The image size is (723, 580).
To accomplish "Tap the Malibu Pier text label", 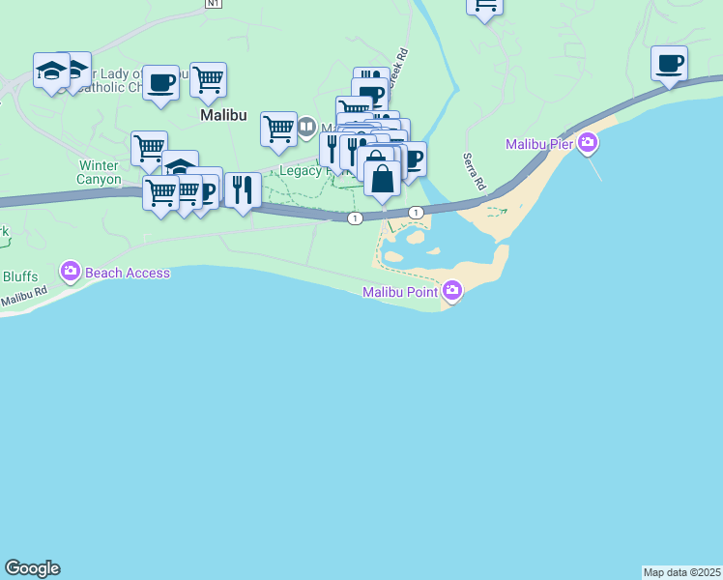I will (x=539, y=145).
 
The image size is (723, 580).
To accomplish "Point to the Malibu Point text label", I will (x=401, y=292).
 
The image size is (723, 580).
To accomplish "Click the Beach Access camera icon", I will (x=70, y=272).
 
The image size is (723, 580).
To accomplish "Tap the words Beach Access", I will (x=128, y=273).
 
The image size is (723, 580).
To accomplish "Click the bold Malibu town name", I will (x=223, y=114).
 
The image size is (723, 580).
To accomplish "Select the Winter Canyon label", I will (x=100, y=172).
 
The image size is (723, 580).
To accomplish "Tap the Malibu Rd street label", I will (x=23, y=297).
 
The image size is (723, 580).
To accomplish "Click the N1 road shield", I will (x=214, y=4).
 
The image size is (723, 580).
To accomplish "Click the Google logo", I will (x=32, y=568).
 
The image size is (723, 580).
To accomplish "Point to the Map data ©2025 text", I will (x=682, y=572).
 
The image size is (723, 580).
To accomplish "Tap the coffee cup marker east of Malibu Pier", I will (x=669, y=64).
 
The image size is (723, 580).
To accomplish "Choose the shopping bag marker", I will (x=383, y=179).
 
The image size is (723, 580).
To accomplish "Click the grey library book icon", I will (x=306, y=126).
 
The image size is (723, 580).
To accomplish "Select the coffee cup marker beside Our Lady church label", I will (x=161, y=82).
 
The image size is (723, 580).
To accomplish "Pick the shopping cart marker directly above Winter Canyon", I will (x=149, y=149).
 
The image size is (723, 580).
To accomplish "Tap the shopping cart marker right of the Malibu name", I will (x=278, y=129).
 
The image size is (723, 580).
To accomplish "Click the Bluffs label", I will (x=19, y=276).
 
